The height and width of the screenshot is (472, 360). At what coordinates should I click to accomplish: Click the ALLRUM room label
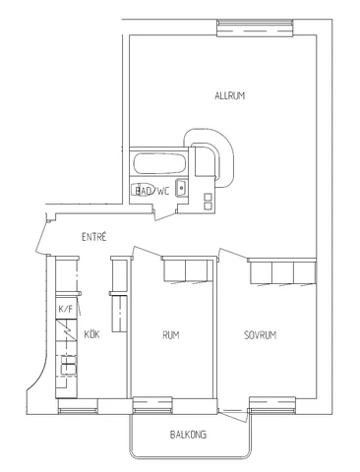[x=229, y=95]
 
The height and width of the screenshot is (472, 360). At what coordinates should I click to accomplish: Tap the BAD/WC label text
[x=151, y=191]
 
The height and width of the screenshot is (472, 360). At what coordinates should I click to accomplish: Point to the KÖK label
[x=91, y=334]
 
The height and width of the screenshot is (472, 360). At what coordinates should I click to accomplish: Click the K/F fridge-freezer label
[x=66, y=311]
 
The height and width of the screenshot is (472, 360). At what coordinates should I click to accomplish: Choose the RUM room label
[x=171, y=335]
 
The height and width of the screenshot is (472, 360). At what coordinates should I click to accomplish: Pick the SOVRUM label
[x=261, y=335]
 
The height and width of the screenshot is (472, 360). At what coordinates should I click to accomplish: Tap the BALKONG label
[x=188, y=433]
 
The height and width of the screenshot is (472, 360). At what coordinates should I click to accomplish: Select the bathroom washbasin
[x=181, y=191]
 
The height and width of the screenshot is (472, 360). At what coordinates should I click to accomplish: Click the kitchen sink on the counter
[x=69, y=369]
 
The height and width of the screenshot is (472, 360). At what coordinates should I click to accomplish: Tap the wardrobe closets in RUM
[x=185, y=269]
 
